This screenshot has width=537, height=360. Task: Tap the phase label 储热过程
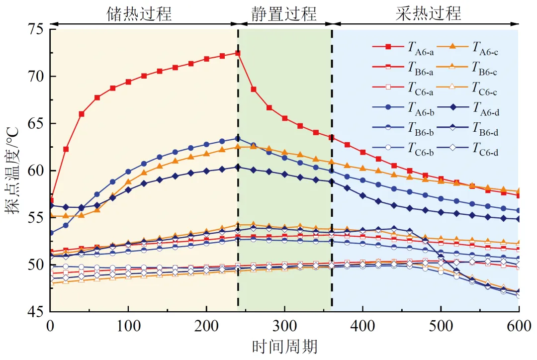(140, 13)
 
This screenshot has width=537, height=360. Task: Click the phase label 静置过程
(284, 13)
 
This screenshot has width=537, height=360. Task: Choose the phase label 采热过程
(429, 13)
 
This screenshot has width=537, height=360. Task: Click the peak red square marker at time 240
(238, 53)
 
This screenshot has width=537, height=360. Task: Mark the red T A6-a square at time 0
(50, 200)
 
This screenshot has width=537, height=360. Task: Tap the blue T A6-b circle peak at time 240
(238, 139)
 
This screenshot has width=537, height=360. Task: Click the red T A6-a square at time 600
(519, 195)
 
